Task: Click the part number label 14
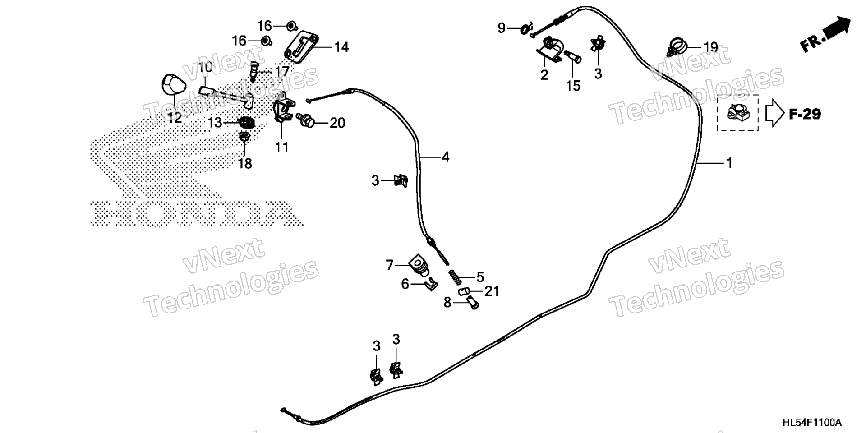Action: point(341,47)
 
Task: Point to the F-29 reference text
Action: point(805,114)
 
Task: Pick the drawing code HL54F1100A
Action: point(812,423)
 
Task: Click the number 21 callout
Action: point(492,292)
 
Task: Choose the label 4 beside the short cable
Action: point(445,157)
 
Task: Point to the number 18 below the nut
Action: point(245,163)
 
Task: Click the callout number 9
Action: point(502,28)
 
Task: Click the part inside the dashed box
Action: point(737,112)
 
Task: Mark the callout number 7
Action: point(390,265)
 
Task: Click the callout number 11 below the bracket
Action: point(282,147)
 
